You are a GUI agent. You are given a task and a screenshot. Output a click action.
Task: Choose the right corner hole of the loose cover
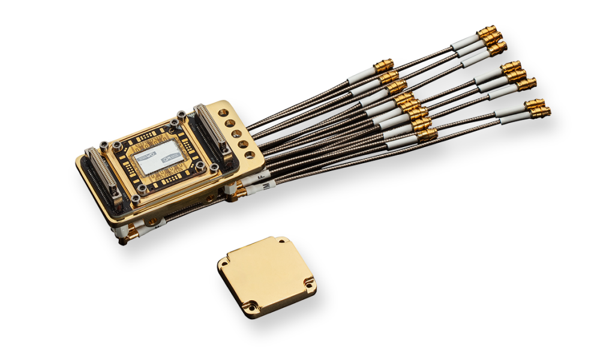pyautogui.click(x=308, y=283)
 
